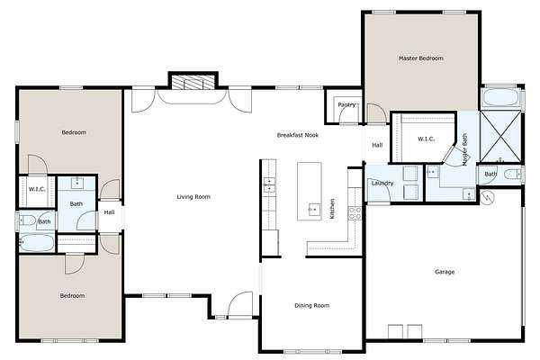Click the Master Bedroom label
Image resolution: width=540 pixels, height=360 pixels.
tap(421, 58)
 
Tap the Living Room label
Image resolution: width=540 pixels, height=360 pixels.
tap(193, 197)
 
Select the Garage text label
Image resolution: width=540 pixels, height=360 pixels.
tap(445, 272)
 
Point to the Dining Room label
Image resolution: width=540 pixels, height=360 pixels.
tap(312, 305)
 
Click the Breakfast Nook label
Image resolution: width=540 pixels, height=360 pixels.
tap(298, 135)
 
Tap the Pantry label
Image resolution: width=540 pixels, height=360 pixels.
tap(346, 104)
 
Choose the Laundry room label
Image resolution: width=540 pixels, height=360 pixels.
tap(382, 183)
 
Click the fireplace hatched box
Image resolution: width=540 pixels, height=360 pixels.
tap(193, 83)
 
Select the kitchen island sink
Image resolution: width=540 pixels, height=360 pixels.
tap(314, 210)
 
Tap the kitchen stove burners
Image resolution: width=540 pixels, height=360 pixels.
tap(355, 213)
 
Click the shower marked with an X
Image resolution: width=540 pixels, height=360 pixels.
tap(501, 137)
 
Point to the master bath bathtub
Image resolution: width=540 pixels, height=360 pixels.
tap(501, 97)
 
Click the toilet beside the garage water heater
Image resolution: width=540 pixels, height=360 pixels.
tap(513, 175)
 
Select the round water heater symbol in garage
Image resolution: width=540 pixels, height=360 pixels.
tap(487, 198)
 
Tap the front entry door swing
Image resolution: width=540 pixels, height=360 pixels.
tap(240, 304)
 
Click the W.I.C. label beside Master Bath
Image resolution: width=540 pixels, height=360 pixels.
tap(426, 139)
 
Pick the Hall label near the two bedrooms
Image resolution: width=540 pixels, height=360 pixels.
tap(109, 212)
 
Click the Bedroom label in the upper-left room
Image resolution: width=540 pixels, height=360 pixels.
tap(74, 132)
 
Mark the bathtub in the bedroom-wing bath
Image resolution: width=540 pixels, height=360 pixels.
tap(37, 242)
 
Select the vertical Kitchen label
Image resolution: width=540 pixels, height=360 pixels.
tap(332, 209)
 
